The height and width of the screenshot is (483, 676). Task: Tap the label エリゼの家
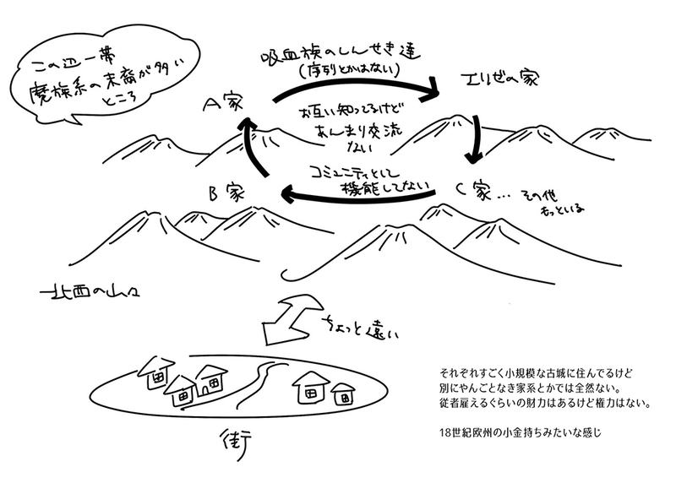click(493, 81)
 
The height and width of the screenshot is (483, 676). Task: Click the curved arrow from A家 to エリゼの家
click(355, 77)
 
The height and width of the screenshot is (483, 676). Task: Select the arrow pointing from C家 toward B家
click(355, 196)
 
